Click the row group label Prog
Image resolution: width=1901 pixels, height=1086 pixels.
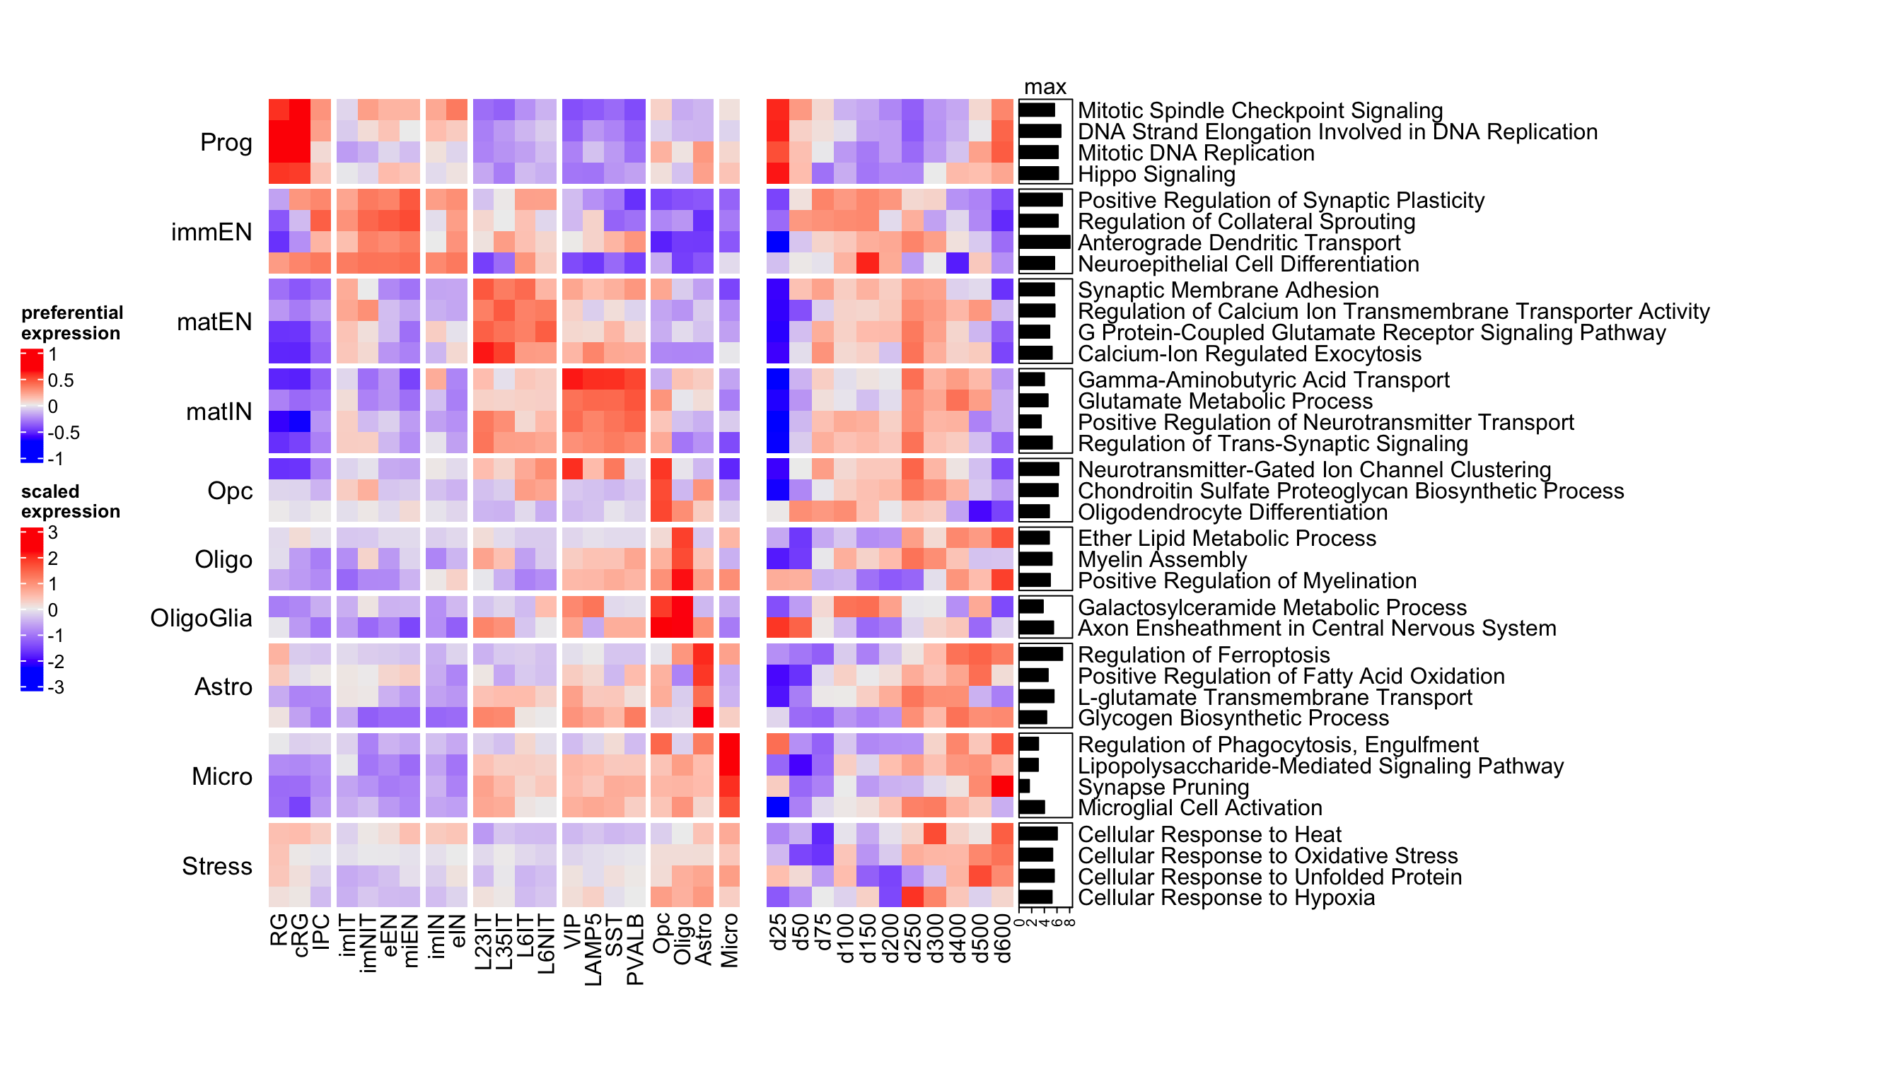(x=226, y=142)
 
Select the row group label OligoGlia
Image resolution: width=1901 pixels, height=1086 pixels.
(x=201, y=619)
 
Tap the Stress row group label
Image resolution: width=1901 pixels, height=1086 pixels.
(x=217, y=866)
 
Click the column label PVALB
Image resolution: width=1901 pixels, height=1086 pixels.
(x=635, y=949)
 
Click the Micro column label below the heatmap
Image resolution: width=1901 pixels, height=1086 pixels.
(x=730, y=940)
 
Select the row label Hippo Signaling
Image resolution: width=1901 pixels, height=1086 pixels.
(x=1156, y=175)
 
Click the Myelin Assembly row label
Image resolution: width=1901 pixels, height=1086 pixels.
(x=1162, y=559)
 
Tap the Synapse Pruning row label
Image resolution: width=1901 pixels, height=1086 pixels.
(x=1163, y=787)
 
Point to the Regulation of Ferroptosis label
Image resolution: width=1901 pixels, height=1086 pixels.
(x=1204, y=655)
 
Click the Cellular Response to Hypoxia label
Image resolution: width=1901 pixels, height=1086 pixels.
(x=1226, y=897)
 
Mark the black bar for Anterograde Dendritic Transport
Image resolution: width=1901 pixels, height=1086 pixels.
(x=1044, y=243)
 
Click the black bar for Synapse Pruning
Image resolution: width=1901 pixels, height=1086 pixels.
(x=1024, y=786)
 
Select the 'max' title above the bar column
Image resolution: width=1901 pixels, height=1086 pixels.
(x=1045, y=86)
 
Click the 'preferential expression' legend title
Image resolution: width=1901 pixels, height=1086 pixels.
(x=71, y=323)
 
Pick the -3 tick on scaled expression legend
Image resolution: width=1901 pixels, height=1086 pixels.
(x=56, y=688)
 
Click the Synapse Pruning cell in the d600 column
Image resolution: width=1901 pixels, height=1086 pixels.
(x=1003, y=786)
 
